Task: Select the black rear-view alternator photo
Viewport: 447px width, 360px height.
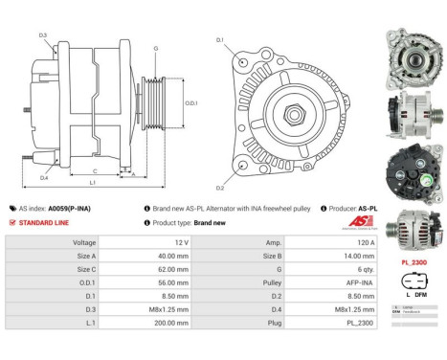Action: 413,169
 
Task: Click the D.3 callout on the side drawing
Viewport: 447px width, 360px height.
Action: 44,35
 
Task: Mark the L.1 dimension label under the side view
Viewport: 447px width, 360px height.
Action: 91,182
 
